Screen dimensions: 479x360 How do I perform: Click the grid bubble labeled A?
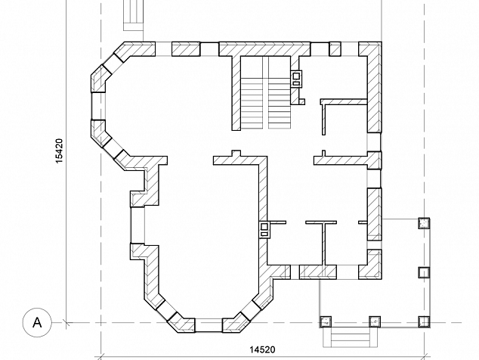[x=37, y=322]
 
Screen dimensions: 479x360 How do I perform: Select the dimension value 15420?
[x=59, y=151]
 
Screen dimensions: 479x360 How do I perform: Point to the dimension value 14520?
[x=262, y=349]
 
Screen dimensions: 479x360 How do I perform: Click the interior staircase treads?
[x=265, y=102]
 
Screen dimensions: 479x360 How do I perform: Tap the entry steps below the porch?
[x=351, y=337]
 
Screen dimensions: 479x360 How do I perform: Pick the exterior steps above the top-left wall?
[x=134, y=15]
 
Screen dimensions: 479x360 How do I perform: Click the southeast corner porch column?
[x=424, y=321]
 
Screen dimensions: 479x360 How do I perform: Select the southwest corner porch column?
[x=326, y=321]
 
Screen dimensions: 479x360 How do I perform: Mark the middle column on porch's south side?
[x=375, y=321]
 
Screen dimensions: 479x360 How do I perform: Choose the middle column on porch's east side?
[x=424, y=272]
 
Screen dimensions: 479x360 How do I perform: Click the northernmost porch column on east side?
[x=424, y=223]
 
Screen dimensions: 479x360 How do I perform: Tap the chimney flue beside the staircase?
[x=296, y=79]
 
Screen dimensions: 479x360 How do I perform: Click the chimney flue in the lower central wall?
[x=264, y=230]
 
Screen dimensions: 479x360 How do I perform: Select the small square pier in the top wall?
[x=335, y=49]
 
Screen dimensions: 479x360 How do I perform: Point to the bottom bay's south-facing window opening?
[x=209, y=325]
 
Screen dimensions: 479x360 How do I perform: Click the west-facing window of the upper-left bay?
[x=98, y=106]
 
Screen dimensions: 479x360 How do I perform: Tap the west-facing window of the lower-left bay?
[x=138, y=225]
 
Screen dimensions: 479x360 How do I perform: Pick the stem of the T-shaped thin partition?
[x=323, y=244]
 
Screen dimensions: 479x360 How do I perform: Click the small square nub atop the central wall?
[x=236, y=154]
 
